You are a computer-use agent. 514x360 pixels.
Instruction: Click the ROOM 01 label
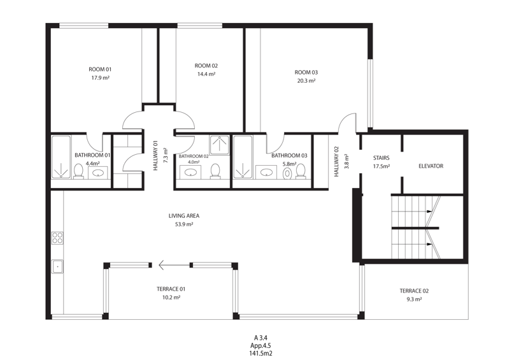[100, 69]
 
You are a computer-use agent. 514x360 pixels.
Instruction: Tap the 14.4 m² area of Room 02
[206, 74]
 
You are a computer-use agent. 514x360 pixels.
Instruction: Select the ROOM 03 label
[306, 73]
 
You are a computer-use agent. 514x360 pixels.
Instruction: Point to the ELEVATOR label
[431, 166]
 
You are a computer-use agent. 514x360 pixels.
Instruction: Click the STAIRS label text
[382, 158]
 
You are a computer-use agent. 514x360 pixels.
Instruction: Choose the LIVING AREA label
[184, 216]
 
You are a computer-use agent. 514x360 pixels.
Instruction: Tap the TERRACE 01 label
[171, 289]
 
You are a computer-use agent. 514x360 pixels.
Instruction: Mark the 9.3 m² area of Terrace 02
[414, 299]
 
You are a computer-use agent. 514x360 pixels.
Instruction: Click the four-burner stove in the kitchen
[57, 238]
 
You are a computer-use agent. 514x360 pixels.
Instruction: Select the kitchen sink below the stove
[57, 266]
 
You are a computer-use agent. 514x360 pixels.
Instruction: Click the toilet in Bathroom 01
[78, 171]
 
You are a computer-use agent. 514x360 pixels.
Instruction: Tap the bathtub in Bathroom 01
[61, 157]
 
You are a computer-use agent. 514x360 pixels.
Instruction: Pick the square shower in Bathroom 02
[220, 145]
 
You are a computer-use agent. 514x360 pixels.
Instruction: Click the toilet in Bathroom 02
[215, 171]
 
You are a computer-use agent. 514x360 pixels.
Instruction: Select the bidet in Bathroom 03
[287, 173]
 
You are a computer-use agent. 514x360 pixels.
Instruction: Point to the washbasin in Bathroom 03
[267, 172]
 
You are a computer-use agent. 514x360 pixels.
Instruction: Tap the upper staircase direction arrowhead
[429, 212]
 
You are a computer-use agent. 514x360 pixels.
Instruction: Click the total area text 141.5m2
[261, 354]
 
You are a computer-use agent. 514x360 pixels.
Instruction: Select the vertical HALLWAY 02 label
[336, 161]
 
